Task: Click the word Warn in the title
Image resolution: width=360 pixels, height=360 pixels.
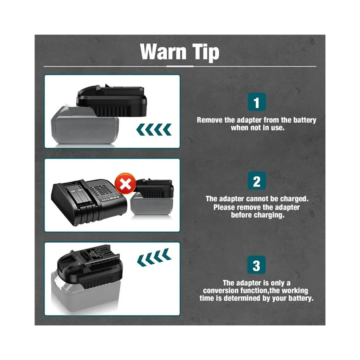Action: (163, 52)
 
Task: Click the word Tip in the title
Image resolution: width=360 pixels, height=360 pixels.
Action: (206, 53)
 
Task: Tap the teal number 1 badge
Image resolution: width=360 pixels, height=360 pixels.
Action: (257, 102)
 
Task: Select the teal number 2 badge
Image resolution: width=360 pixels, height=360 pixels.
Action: (257, 181)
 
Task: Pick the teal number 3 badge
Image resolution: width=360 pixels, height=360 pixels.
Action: (256, 265)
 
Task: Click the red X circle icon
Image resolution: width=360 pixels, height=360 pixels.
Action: (125, 183)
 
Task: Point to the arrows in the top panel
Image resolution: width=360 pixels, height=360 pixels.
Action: (153, 129)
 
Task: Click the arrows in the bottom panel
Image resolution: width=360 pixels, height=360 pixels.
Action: (154, 257)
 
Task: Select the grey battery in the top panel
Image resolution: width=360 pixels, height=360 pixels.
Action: (85, 125)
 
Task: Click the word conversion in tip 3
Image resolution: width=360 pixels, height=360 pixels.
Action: (221, 291)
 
